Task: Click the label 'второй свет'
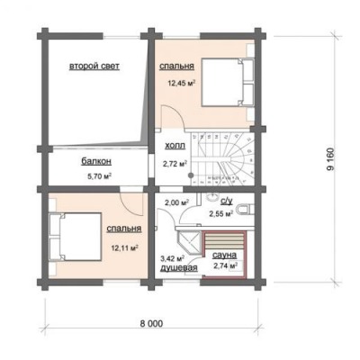pos(94,67)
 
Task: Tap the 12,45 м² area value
pos(182,83)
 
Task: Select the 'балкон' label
pos(96,161)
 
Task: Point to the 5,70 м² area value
pos(100,176)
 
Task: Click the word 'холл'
pos(175,146)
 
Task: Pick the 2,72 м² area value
pos(175,164)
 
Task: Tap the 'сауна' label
pos(224,256)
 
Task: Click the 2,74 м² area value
pos(226,266)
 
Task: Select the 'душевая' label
pos(179,268)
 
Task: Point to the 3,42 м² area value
pos(173,258)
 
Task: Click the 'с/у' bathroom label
pos(227,202)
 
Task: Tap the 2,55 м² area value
pos(221,213)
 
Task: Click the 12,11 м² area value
pos(125,248)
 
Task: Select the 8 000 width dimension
pos(151,324)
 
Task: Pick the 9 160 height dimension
pos(330,159)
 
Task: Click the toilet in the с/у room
pos(245,210)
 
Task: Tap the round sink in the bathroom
pos(212,198)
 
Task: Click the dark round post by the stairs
pos(191,175)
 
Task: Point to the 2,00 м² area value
pos(176,202)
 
